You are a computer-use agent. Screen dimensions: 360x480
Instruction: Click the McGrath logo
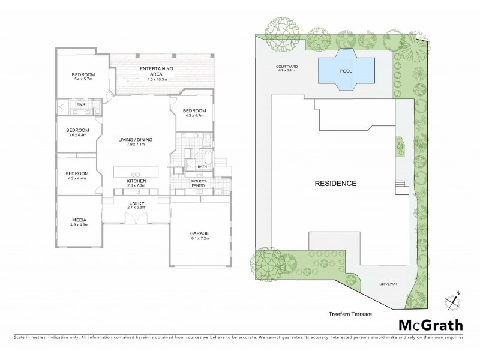pos(431,326)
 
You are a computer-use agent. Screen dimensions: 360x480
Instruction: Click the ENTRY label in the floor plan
pos(136,203)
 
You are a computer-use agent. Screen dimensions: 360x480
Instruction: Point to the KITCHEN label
pos(136,181)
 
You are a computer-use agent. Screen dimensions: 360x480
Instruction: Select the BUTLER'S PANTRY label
pos(199,182)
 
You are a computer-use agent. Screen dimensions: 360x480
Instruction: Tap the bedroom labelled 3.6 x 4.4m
pos(77,131)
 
